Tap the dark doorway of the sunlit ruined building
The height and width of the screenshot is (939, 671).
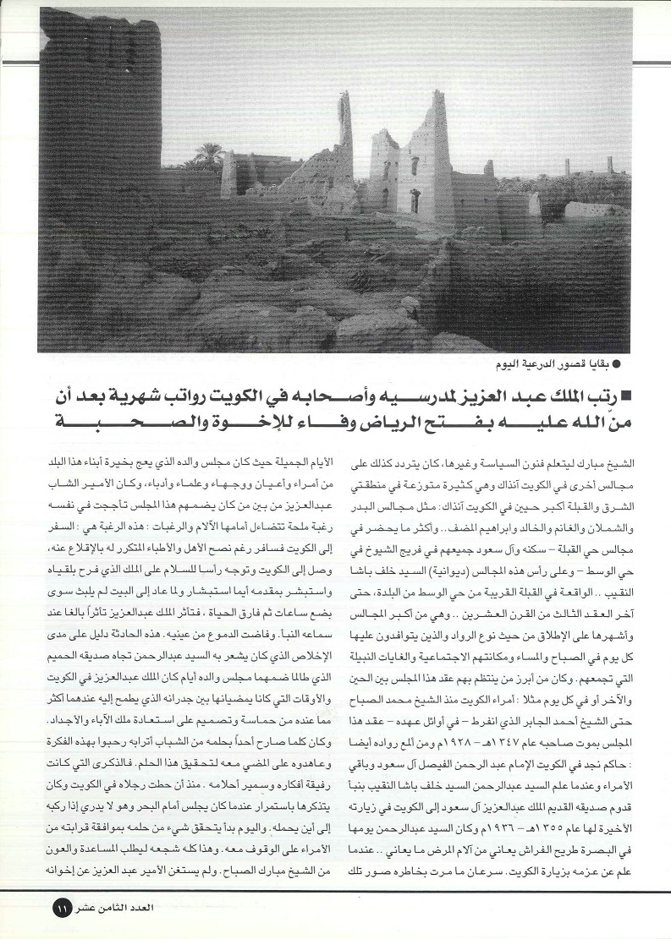coord(415,201)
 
